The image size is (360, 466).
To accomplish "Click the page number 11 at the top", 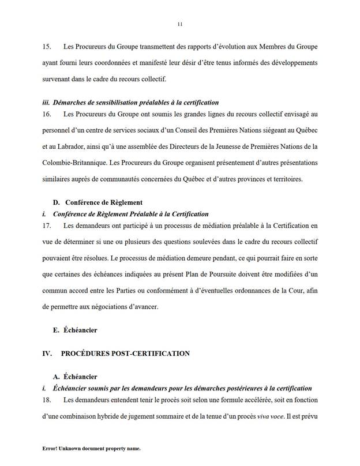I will (x=180, y=24).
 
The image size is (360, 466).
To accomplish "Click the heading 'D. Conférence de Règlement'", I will (x=101, y=202).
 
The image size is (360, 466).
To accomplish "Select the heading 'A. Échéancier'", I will (x=75, y=377).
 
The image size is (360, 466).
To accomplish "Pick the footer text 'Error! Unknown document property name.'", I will (x=92, y=448).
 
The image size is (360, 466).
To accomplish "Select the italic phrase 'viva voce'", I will (x=280, y=415).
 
